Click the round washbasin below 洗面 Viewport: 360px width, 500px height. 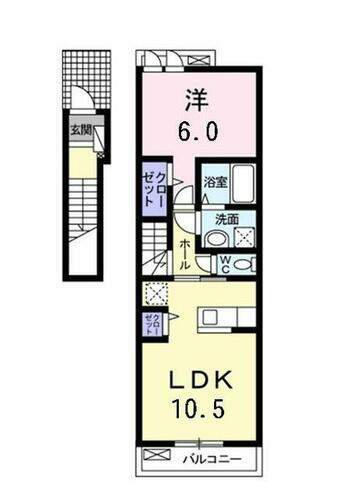[215, 238]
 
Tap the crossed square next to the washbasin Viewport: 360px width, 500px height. [242, 237]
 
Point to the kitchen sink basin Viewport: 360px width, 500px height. [213, 318]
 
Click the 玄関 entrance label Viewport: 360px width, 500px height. [80, 129]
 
